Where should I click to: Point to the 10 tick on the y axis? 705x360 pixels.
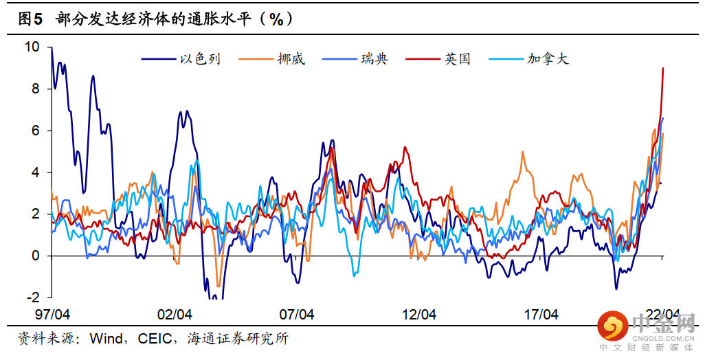(32, 47)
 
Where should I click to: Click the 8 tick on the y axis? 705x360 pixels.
(36, 89)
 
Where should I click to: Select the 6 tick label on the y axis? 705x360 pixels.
(36, 131)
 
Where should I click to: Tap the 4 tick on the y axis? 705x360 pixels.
(36, 172)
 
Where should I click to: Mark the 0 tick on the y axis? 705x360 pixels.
(36, 256)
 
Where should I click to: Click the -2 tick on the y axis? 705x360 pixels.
(33, 297)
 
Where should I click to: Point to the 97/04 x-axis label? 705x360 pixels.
(52, 315)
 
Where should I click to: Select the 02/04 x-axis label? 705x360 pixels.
(175, 315)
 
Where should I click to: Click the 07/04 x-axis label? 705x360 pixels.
(297, 315)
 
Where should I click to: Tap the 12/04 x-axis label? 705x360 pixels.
(419, 315)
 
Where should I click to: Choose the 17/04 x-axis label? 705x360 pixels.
(541, 315)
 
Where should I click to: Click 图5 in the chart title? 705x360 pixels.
(30, 19)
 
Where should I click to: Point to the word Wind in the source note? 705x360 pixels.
(107, 339)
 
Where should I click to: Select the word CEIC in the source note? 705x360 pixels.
(157, 339)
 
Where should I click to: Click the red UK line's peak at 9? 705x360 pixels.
(662, 68)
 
